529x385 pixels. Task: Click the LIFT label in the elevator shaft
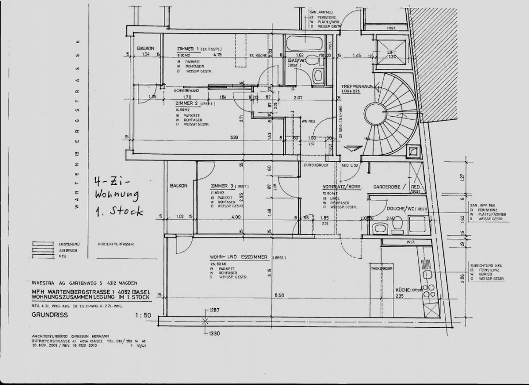pyautogui.click(x=392, y=52)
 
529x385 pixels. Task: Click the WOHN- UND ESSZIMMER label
pyautogui.click(x=239, y=257)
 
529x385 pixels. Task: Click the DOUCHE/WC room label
pyautogui.click(x=401, y=208)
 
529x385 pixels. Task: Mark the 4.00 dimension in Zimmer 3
pyautogui.click(x=236, y=217)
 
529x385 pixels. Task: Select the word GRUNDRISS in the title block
pyautogui.click(x=50, y=315)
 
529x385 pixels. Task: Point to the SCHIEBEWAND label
pyautogui.click(x=187, y=90)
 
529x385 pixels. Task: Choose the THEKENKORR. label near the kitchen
pyautogui.click(x=382, y=269)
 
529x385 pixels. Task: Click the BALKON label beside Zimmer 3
pyautogui.click(x=179, y=186)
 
